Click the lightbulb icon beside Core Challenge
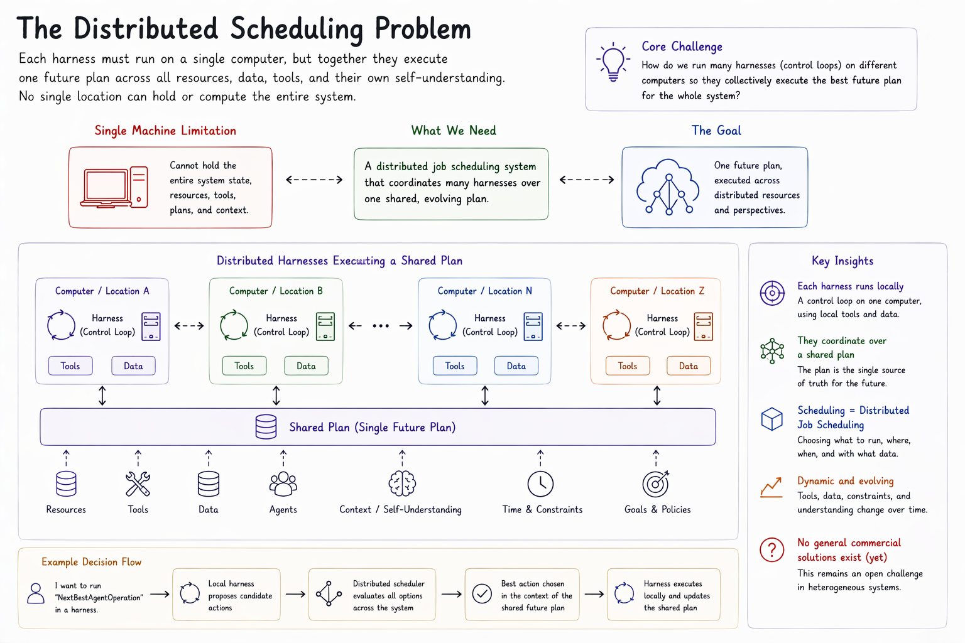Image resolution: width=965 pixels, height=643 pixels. pyautogui.click(x=613, y=62)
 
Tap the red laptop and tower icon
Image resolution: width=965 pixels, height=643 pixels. pyautogui.click(x=114, y=187)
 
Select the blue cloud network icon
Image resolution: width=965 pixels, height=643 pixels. pyautogui.click(x=668, y=187)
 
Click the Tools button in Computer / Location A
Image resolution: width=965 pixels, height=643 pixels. pyautogui.click(x=70, y=365)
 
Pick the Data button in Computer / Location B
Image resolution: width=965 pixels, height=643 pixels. pyautogui.click(x=306, y=365)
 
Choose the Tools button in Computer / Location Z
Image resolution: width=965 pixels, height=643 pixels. pyautogui.click(x=627, y=365)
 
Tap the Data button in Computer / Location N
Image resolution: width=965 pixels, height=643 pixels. pyautogui.click(x=516, y=365)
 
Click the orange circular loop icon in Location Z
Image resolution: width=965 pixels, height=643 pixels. pyautogui.click(x=616, y=325)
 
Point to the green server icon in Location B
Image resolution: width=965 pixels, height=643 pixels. pyautogui.click(x=325, y=327)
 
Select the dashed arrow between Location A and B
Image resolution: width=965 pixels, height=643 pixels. pyautogui.click(x=189, y=326)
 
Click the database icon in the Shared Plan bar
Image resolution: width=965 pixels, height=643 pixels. pyautogui.click(x=266, y=427)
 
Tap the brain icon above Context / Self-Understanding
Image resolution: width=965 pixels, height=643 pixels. pyautogui.click(x=402, y=484)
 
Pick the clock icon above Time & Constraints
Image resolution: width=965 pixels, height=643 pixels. pyautogui.click(x=540, y=484)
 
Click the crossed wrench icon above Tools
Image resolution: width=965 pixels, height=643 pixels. pyautogui.click(x=138, y=484)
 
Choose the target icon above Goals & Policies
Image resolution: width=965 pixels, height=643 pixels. pyautogui.click(x=656, y=484)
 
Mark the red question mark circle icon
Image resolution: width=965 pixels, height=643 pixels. pyautogui.click(x=771, y=549)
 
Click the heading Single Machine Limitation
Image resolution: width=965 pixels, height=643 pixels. pyautogui.click(x=165, y=131)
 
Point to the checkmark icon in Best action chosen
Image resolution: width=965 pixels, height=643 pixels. pyautogui.click(x=482, y=594)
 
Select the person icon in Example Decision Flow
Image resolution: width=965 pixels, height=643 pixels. pyautogui.click(x=36, y=593)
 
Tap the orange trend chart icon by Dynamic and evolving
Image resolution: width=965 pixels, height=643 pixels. pyautogui.click(x=771, y=487)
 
